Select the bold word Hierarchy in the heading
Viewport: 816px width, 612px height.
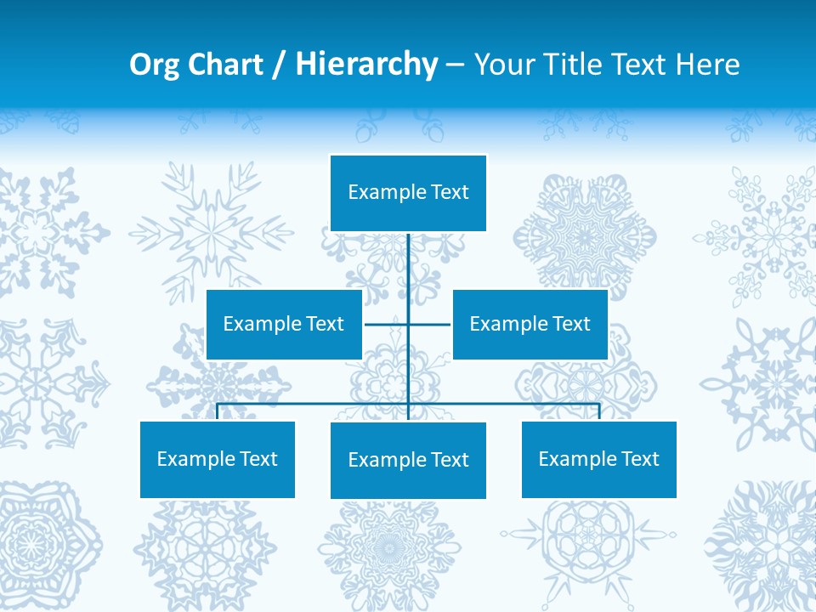coord(366,65)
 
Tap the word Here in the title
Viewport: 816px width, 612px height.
coord(708,65)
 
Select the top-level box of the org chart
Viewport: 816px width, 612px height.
coord(408,193)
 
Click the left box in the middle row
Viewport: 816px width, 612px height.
coord(284,324)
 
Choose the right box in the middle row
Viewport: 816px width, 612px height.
coord(530,324)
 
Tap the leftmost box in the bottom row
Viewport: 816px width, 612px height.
coord(218,459)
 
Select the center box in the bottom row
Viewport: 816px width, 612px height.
coord(408,460)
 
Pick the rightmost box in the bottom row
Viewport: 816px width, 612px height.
coord(599,459)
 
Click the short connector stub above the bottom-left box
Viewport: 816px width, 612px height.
coord(218,412)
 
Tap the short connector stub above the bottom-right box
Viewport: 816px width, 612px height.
coord(599,412)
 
